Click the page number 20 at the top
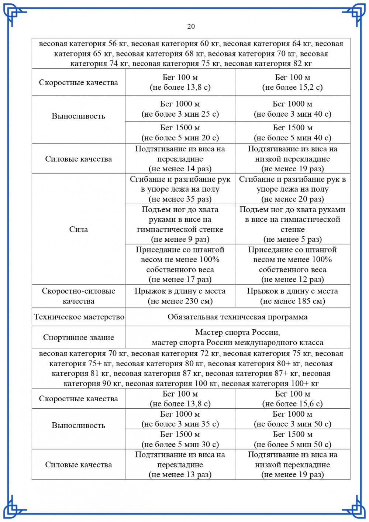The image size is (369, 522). pyautogui.click(x=191, y=26)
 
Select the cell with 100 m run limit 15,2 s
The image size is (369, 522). pyautogui.click(x=292, y=82)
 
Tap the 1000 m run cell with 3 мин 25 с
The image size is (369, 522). pyautogui.click(x=180, y=109)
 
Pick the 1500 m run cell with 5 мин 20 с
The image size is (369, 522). pyautogui.click(x=180, y=133)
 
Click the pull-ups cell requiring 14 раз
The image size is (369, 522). pyautogui.click(x=180, y=159)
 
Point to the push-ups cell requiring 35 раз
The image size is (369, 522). pyautogui.click(x=180, y=189)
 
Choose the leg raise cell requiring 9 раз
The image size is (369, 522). pyautogui.click(x=180, y=224)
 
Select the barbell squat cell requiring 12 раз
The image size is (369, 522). pyautogui.click(x=292, y=264)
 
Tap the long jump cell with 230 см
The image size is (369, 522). pyautogui.click(x=180, y=296)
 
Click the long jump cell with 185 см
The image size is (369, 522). pyautogui.click(x=292, y=296)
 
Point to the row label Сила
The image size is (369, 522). pyautogui.click(x=79, y=229)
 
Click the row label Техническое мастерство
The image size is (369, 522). pyautogui.click(x=79, y=317)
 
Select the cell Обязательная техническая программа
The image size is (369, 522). pyautogui.click(x=237, y=317)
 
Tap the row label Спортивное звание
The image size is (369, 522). pyautogui.click(x=79, y=337)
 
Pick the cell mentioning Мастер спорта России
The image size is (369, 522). pyautogui.click(x=237, y=337)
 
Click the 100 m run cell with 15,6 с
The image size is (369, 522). pyautogui.click(x=292, y=399)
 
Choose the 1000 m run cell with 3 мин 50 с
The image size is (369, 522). pyautogui.click(x=292, y=419)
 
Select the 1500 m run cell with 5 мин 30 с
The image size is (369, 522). pyautogui.click(x=180, y=439)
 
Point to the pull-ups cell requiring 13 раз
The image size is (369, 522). pyautogui.click(x=180, y=464)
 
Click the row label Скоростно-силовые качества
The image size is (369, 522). pyautogui.click(x=79, y=296)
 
